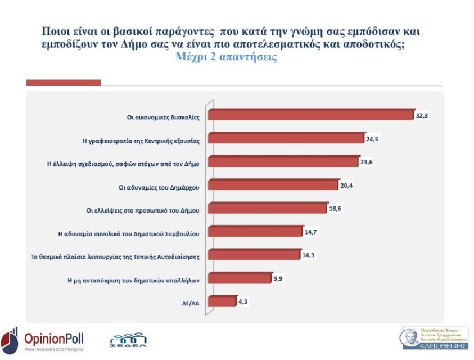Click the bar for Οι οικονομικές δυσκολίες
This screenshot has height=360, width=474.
pos(311,115)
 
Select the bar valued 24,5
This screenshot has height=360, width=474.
pos(286,138)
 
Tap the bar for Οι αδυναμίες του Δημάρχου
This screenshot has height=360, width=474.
pos(273,185)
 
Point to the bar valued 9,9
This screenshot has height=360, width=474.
pos(240,278)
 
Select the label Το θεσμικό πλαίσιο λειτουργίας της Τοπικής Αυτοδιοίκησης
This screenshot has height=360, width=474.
pos(115,256)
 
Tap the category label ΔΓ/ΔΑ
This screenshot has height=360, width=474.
pos(190,302)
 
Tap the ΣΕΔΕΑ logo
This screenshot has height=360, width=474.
pos(128,341)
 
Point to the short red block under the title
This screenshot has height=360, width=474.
pos(64,83)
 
